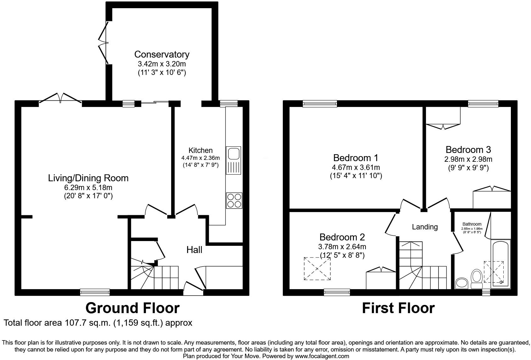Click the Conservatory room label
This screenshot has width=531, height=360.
point(162,54)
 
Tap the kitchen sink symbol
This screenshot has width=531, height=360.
point(233,160)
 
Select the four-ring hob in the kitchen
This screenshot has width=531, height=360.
point(234,200)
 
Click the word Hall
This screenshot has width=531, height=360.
point(194,250)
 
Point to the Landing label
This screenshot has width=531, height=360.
point(425,227)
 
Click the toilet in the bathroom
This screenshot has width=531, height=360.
point(477,278)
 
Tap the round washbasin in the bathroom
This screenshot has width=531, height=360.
point(462,283)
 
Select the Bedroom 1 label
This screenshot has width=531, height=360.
point(356,158)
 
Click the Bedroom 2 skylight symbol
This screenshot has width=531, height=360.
point(317,268)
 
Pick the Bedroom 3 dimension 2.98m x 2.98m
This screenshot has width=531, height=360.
point(468,159)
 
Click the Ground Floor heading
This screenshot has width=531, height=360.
point(132,308)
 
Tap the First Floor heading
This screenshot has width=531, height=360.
point(398,308)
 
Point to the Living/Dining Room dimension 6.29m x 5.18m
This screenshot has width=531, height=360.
point(88,188)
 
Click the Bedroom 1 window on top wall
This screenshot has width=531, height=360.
point(320,104)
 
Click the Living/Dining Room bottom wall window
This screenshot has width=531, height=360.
point(95,292)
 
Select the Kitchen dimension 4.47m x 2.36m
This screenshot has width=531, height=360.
point(200,158)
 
